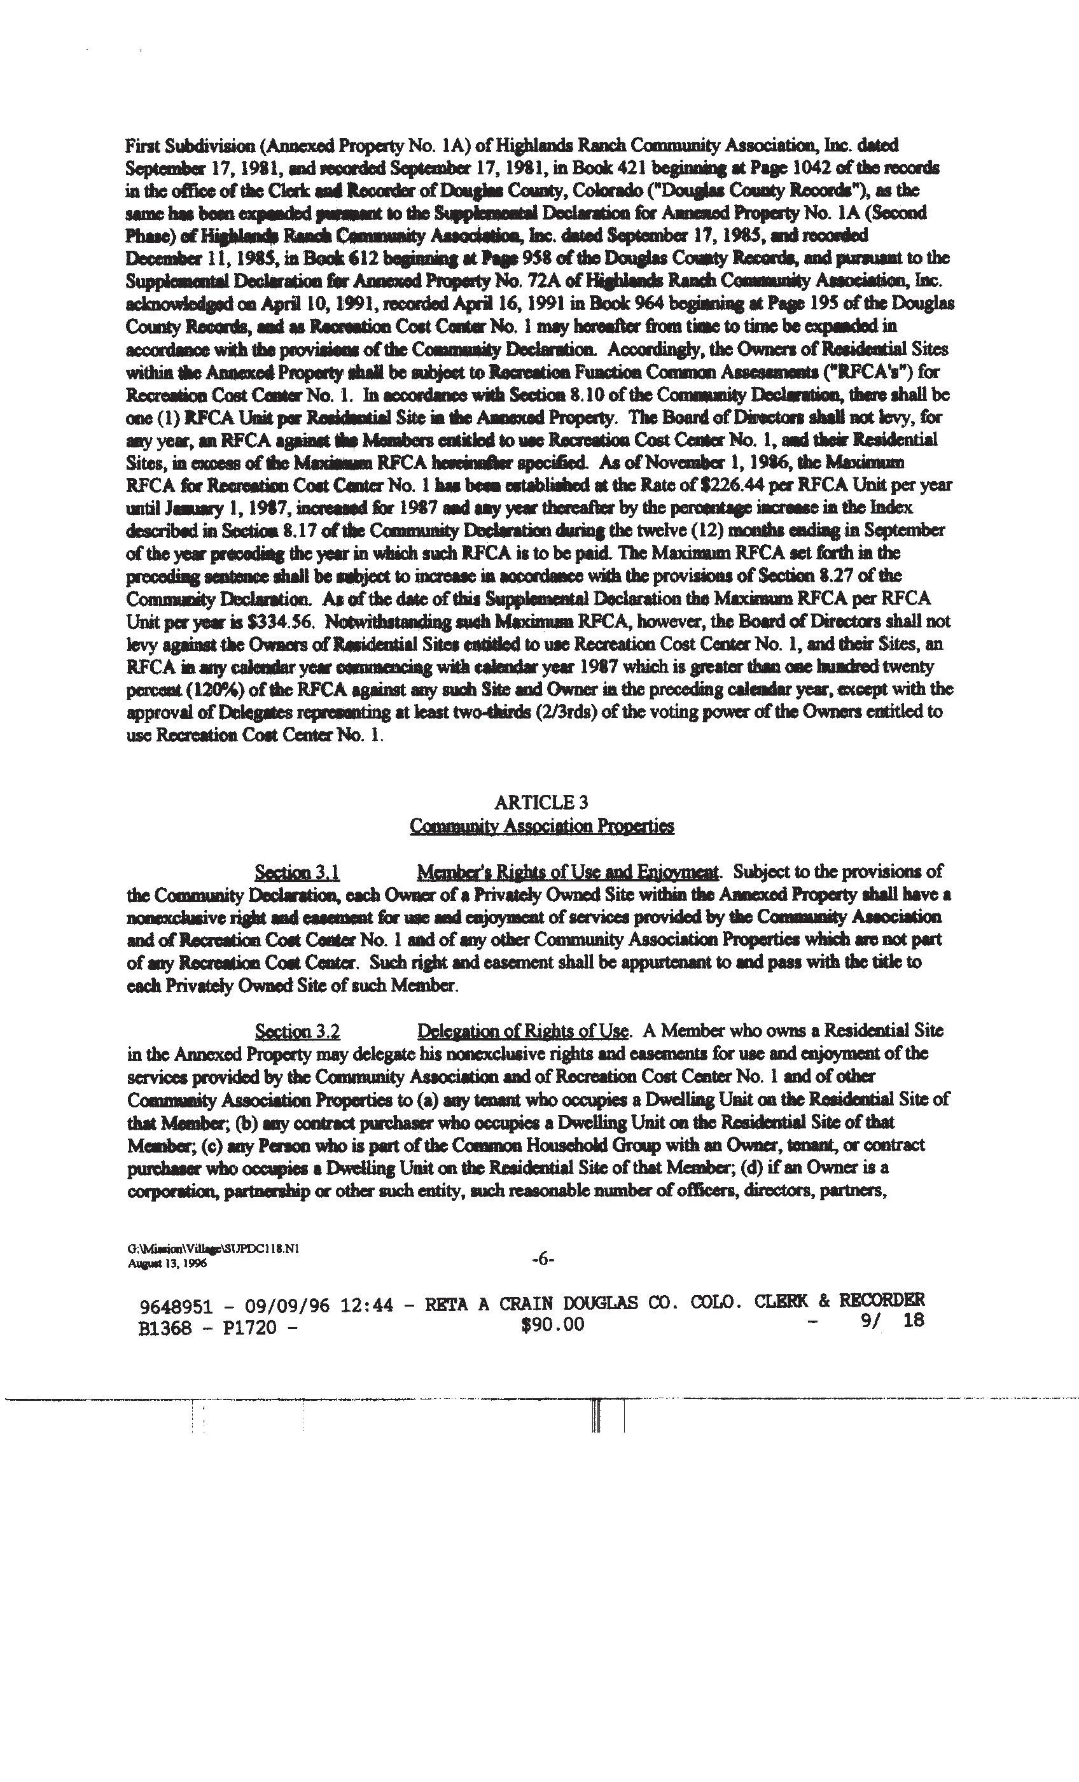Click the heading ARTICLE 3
click(x=541, y=802)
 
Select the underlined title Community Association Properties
click(x=541, y=826)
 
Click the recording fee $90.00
click(x=552, y=1324)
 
